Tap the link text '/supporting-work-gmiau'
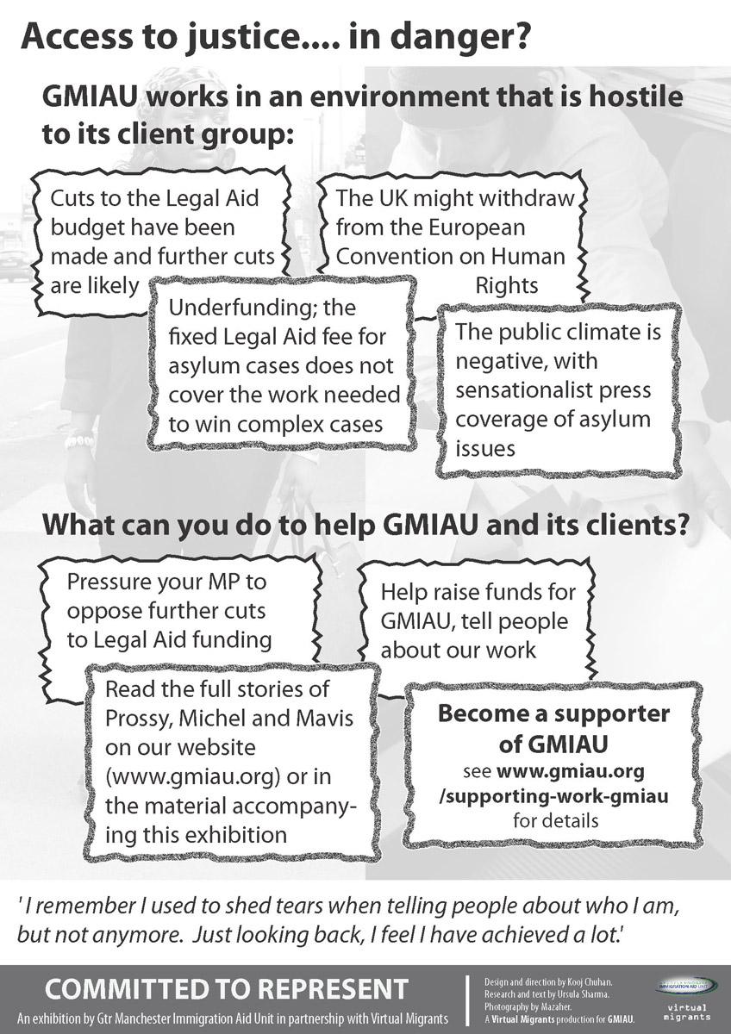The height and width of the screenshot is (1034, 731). click(x=553, y=794)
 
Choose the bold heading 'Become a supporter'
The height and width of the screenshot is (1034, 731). click(x=553, y=713)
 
